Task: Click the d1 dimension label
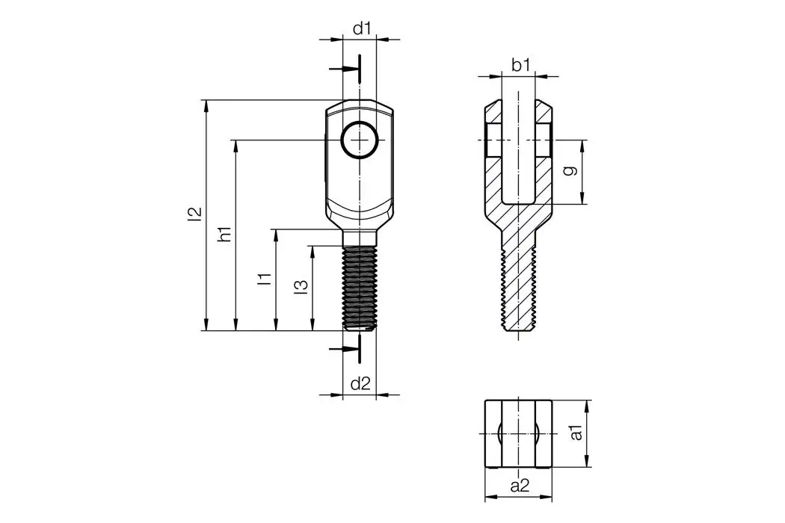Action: (x=362, y=28)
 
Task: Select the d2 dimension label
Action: (x=360, y=384)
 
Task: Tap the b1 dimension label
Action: (x=520, y=66)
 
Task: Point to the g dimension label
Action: (x=570, y=171)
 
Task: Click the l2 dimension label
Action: (x=195, y=214)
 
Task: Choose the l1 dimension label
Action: (x=264, y=279)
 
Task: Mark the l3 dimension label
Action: (x=300, y=287)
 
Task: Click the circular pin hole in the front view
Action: (x=359, y=140)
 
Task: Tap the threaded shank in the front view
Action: (x=360, y=288)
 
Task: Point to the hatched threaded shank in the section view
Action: (x=519, y=288)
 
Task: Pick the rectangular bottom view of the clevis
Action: (x=519, y=433)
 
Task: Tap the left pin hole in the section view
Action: (x=493, y=140)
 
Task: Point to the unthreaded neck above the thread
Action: (x=360, y=238)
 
